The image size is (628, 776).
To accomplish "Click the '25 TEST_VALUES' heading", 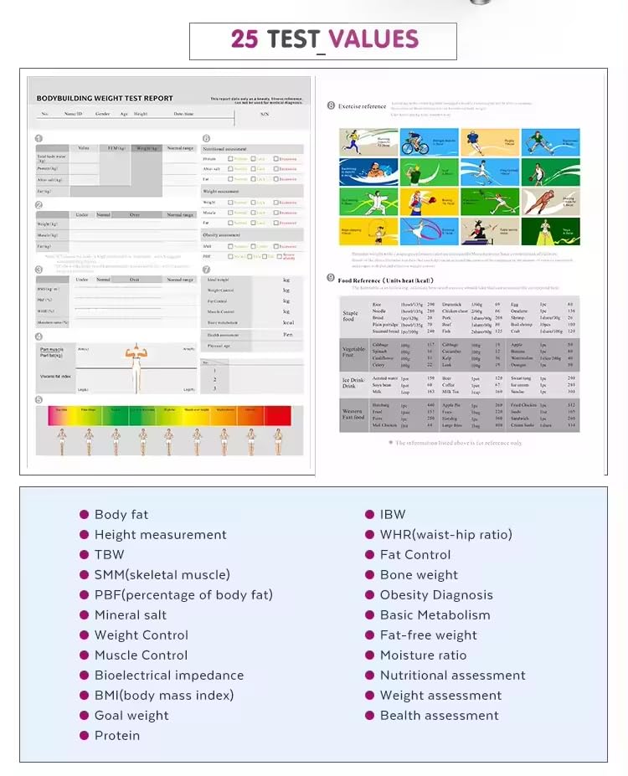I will (324, 39).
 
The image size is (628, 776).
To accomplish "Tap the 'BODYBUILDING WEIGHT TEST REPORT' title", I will (104, 98).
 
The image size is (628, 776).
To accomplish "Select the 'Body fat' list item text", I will (121, 515).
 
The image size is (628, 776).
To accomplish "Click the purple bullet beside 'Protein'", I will (84, 736).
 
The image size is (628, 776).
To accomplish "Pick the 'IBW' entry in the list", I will (393, 515).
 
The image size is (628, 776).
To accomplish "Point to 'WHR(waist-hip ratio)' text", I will (445, 535).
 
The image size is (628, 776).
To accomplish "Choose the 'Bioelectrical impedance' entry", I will (169, 676).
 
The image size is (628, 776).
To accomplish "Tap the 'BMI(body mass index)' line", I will (164, 696).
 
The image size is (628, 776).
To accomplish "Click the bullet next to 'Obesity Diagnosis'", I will (369, 595).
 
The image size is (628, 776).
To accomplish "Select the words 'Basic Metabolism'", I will (435, 615).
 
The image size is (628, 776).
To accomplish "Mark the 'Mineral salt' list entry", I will (131, 615).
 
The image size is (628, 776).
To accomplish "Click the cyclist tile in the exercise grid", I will (429, 142).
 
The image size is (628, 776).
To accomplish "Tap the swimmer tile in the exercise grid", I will (368, 172).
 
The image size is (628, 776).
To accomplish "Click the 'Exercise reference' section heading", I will (362, 106).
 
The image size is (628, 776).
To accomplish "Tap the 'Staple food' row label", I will (350, 314).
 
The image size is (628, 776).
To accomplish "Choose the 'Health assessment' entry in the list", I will (439, 716).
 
